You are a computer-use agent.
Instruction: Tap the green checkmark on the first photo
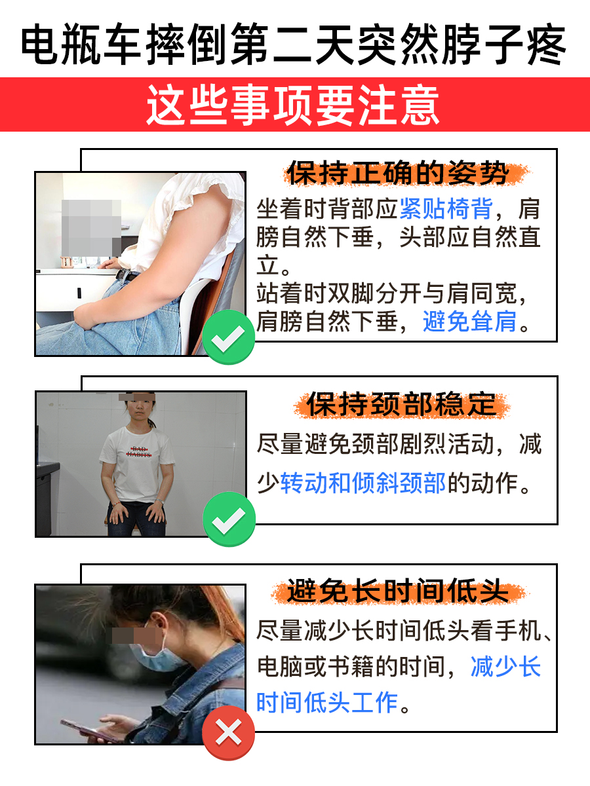click(x=228, y=337)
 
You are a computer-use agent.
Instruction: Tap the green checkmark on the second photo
click(x=228, y=519)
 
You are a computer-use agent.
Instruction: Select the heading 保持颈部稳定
click(x=400, y=404)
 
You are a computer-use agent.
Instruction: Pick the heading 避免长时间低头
click(x=398, y=591)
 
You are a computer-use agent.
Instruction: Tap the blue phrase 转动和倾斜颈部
click(x=363, y=483)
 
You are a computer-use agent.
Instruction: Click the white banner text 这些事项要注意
click(x=293, y=105)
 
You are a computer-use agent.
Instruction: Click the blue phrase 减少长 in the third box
click(x=505, y=667)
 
